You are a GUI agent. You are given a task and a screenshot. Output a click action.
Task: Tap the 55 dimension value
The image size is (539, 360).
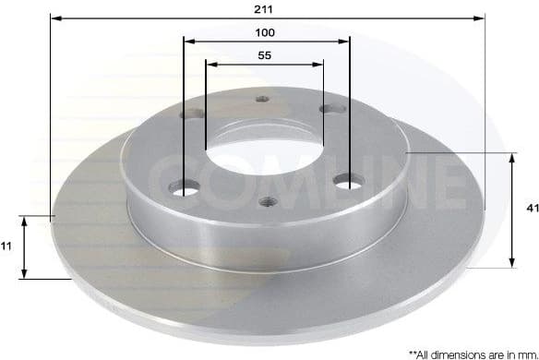(265, 55)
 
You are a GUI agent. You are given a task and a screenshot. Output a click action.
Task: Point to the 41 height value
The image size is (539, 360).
(531, 210)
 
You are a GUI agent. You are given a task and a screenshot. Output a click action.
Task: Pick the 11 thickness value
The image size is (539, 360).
(6, 246)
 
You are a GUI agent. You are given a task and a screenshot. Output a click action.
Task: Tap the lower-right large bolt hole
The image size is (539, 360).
(349, 183)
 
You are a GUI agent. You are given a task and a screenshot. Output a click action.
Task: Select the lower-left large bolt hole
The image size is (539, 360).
(186, 189)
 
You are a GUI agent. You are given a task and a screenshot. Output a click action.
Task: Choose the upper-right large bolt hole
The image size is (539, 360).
(330, 110)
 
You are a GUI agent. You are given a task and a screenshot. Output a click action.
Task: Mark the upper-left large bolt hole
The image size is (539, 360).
(194, 114)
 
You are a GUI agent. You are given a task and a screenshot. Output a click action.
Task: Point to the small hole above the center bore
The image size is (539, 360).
(262, 99)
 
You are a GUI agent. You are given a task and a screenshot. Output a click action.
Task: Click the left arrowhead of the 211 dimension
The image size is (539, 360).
(53, 18)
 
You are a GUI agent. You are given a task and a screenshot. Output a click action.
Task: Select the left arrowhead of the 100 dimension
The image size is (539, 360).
(187, 41)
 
